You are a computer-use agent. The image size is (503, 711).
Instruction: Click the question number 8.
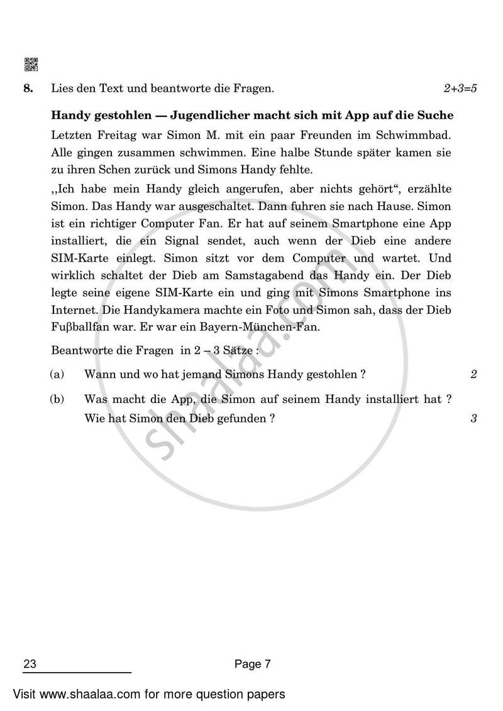coord(28,89)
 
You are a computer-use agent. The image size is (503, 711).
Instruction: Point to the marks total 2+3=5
coord(460,89)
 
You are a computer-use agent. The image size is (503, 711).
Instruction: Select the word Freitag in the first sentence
coord(107,136)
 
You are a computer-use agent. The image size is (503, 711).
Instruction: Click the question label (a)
coord(57,375)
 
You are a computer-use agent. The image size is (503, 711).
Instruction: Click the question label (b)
coord(57,399)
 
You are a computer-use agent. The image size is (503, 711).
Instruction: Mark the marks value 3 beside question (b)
coord(473,418)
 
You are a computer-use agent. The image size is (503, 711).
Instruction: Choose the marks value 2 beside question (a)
coord(473,375)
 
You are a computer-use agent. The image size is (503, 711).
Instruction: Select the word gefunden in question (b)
coord(241,418)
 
